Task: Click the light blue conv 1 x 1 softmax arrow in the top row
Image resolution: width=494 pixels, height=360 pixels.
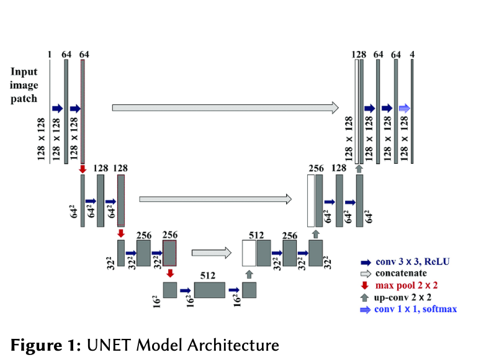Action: [x=404, y=108]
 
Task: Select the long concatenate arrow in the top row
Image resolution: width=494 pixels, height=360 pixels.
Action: [x=225, y=108]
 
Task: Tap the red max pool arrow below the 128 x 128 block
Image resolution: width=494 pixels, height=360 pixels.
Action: [x=82, y=169]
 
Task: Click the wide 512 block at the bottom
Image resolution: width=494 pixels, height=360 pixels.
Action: [x=209, y=290]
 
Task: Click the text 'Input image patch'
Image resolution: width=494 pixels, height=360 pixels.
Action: [x=24, y=85]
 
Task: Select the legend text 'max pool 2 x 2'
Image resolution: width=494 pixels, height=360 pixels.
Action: [x=406, y=286]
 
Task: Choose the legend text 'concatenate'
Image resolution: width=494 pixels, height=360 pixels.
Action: [x=401, y=274]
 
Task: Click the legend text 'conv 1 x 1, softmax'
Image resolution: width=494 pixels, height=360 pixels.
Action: [x=416, y=309]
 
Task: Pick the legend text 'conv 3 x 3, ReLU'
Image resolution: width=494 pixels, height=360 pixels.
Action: [x=413, y=262]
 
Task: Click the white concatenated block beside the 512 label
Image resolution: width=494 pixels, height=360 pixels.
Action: [x=249, y=253]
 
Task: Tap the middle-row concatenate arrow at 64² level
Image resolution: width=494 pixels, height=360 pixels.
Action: [x=215, y=199]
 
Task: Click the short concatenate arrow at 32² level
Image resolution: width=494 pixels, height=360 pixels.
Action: [x=207, y=253]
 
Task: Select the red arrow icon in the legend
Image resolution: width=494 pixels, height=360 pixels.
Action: [x=366, y=286]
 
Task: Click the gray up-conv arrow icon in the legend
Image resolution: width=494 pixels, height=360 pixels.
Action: [x=366, y=297]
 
